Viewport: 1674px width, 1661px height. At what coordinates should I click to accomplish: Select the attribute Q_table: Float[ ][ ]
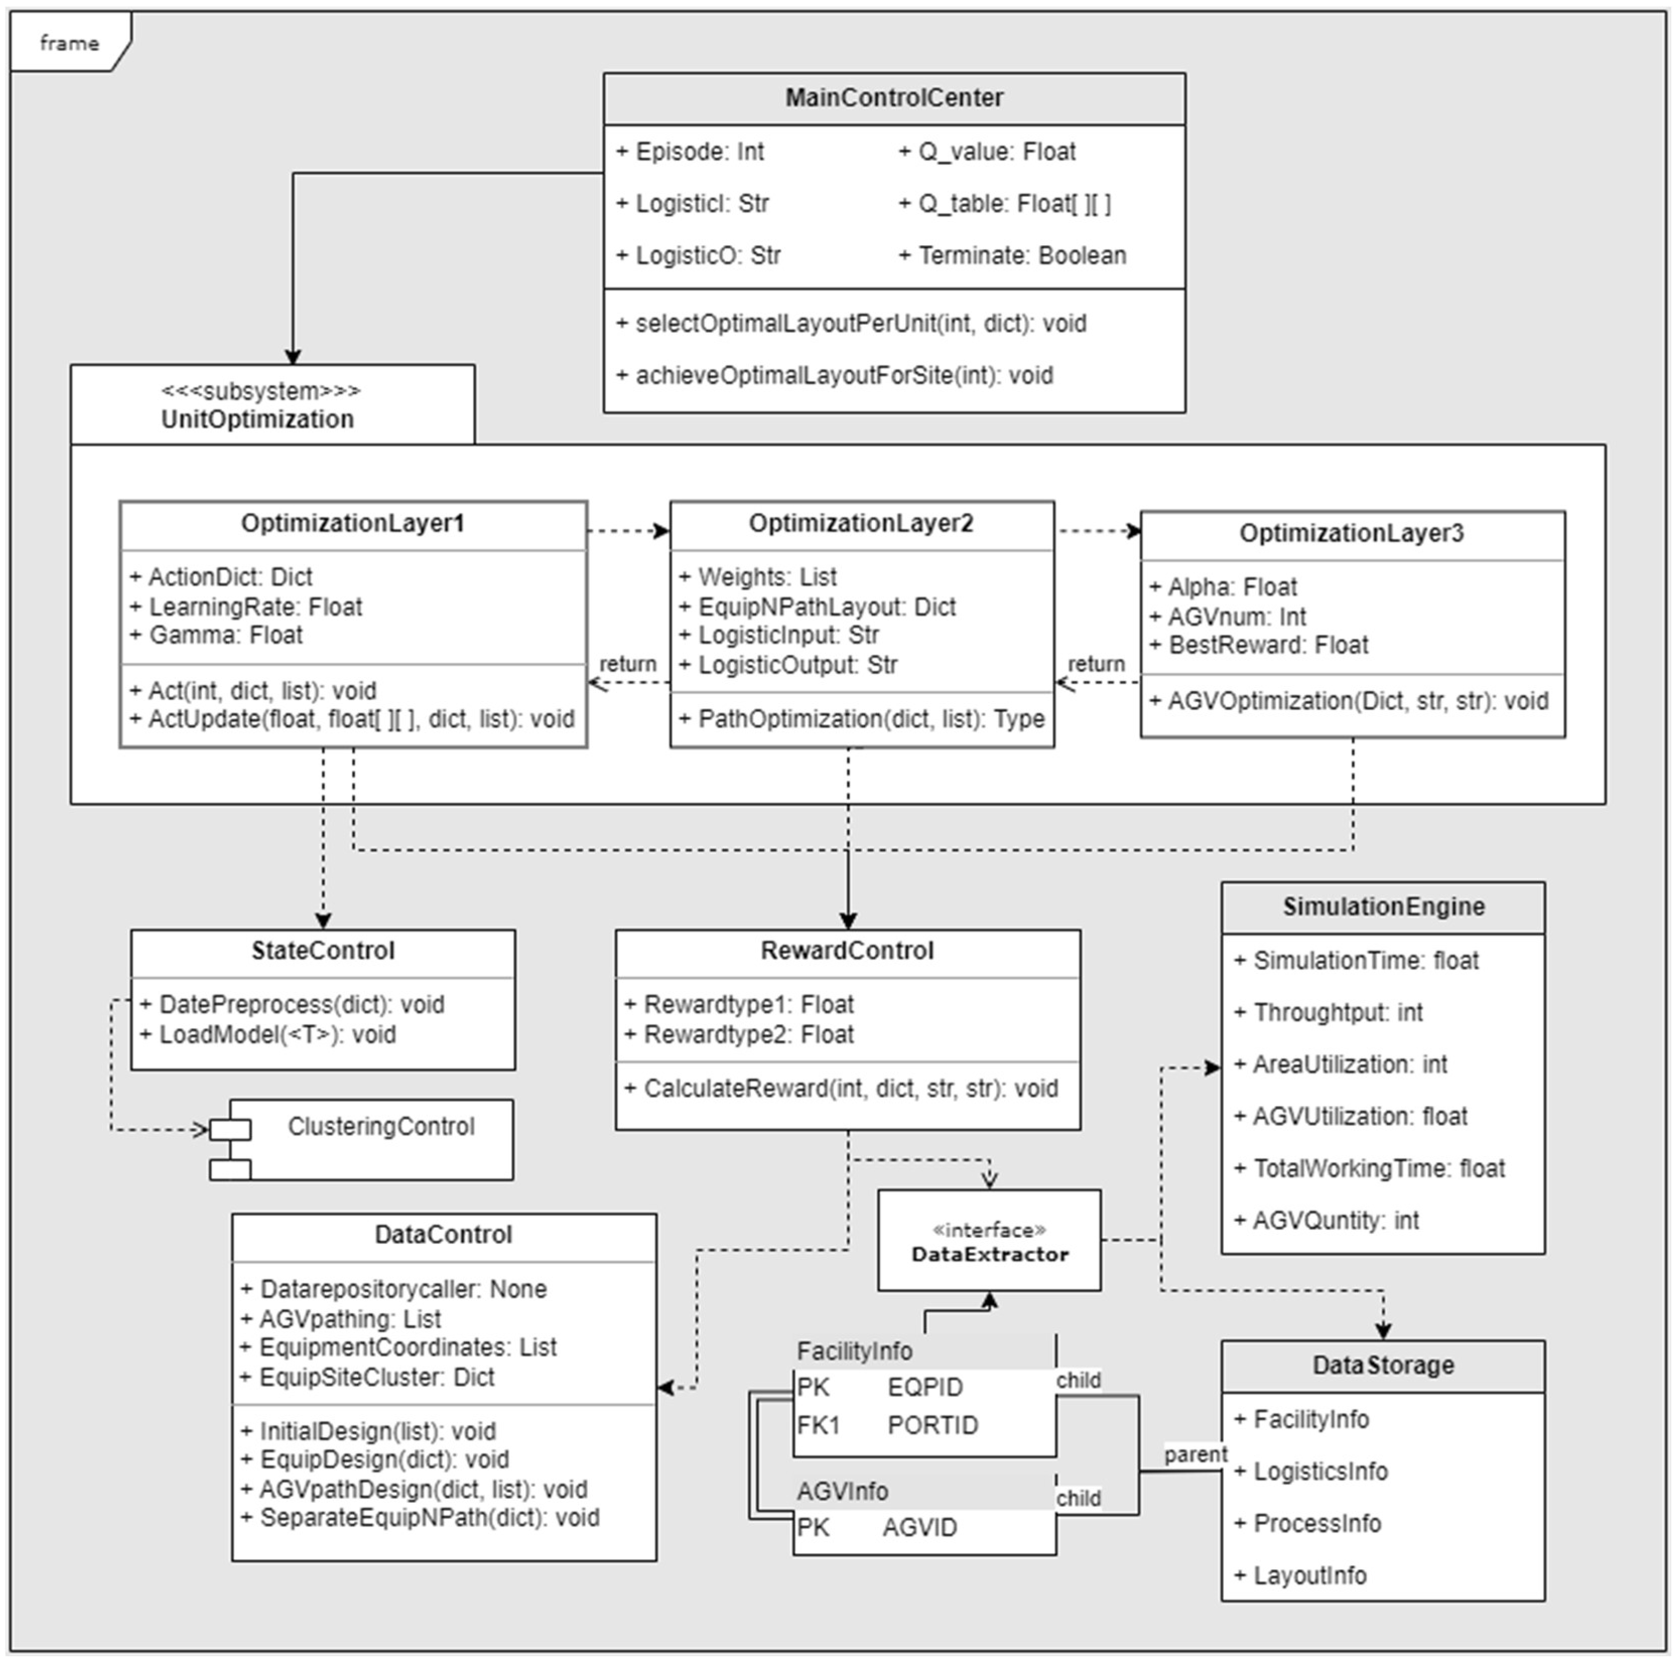tap(1005, 203)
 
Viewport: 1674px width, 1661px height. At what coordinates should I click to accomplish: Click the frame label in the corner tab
tap(70, 42)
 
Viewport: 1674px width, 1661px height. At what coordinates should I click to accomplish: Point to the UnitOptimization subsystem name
tap(257, 420)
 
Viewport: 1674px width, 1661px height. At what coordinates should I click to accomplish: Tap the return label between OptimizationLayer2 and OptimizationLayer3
tap(1096, 664)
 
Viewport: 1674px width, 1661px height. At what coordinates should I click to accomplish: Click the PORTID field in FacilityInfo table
tap(932, 1425)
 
